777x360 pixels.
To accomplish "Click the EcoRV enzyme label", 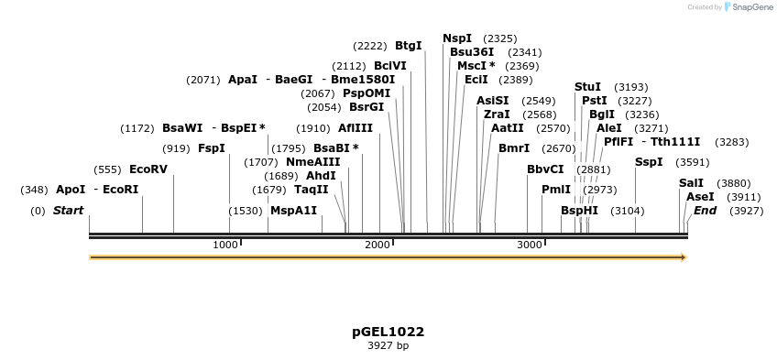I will tap(148, 169).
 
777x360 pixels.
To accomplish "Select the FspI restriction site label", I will tap(212, 148).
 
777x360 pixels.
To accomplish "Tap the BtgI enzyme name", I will tap(409, 46).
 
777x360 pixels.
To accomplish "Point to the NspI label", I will tap(457, 38).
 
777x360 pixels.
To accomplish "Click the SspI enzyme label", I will tap(649, 162).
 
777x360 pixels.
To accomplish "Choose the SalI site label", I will tap(691, 183).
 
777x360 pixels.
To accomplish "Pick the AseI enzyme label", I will tap(700, 197).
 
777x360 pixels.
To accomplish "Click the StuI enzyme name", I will tap(587, 87).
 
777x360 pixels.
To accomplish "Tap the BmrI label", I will tap(514, 148).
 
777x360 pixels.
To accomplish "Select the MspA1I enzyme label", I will tap(293, 211).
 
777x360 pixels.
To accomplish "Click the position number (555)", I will tap(107, 169).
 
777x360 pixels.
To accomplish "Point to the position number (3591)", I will tap(692, 162).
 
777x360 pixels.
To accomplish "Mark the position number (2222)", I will tap(370, 46).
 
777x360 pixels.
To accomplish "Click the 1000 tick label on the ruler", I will tap(225, 245).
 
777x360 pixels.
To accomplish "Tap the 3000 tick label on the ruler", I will tap(530, 245).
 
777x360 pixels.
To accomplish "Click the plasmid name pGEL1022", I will tap(388, 332).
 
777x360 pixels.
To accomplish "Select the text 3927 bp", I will tap(388, 346).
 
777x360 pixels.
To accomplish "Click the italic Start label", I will tap(68, 211).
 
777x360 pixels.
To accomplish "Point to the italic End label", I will tap(705, 211).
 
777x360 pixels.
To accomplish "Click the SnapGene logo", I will tap(749, 7).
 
